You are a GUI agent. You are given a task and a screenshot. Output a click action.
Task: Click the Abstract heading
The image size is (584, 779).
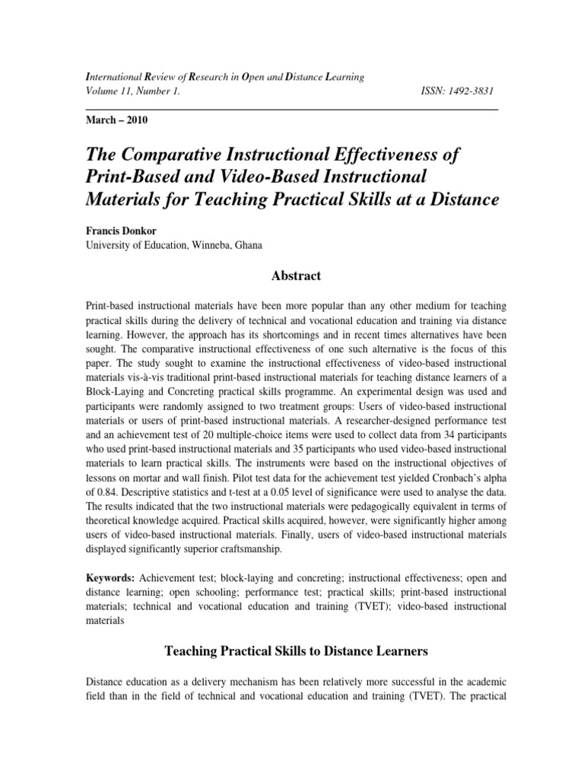291,276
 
